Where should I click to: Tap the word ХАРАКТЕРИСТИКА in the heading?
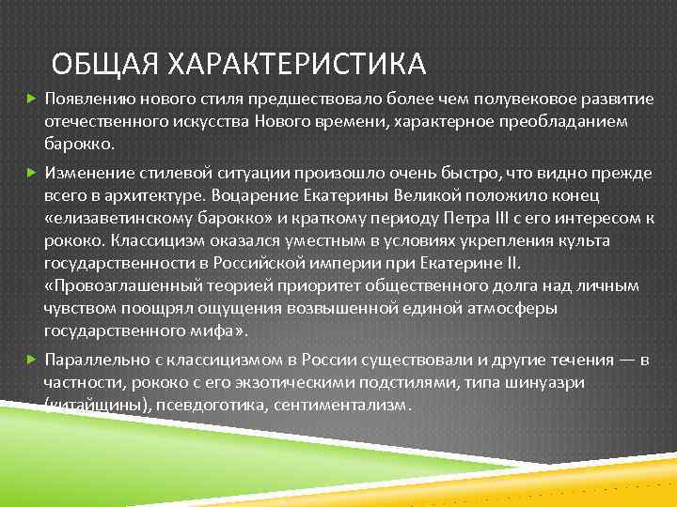pyautogui.click(x=296, y=65)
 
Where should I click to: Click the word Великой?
pyautogui.click(x=403, y=196)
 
